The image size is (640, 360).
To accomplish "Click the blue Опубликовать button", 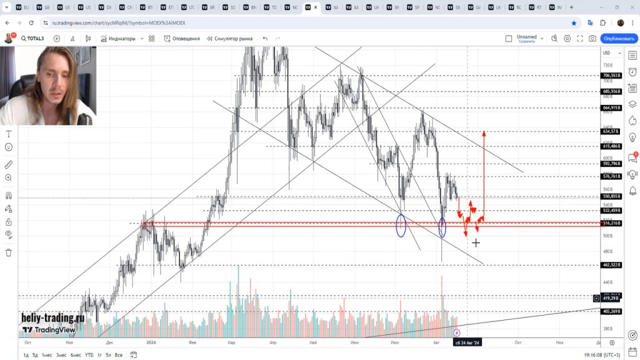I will [x=619, y=39].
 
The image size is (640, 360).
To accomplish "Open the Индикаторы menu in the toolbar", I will [x=118, y=39].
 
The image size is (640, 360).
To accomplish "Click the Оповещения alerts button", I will [x=182, y=39].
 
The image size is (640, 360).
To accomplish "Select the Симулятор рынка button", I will [x=229, y=39].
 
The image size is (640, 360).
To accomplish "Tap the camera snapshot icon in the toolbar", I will [x=592, y=39].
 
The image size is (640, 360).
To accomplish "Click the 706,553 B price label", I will [x=611, y=76].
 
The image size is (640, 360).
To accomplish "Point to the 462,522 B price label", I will [x=611, y=265].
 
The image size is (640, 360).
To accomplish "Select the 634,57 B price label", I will [x=611, y=131].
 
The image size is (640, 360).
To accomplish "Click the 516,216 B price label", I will [x=611, y=222].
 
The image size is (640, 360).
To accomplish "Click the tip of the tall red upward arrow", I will [x=484, y=132].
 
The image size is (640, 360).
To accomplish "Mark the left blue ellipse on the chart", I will [x=401, y=225].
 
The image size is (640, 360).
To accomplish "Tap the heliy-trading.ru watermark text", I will [x=52, y=317].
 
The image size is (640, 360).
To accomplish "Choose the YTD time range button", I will [x=89, y=355].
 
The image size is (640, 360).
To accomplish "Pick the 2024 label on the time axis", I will [x=151, y=342].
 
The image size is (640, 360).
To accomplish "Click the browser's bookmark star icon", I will [x=574, y=22].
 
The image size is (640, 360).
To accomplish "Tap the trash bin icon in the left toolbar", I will [x=9, y=252].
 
